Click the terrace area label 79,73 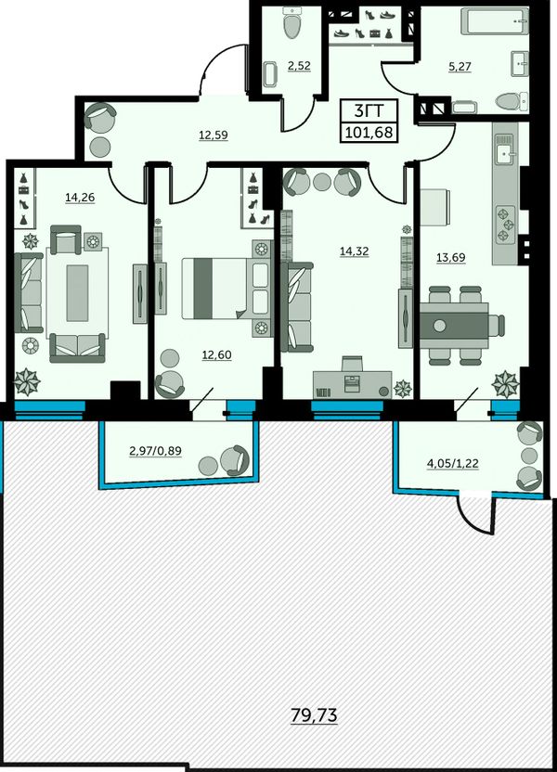(x=314, y=714)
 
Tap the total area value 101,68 (x=370, y=132)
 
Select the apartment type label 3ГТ (x=369, y=110)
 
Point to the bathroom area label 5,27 (x=460, y=67)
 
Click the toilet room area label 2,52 (x=299, y=66)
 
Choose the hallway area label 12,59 (x=214, y=135)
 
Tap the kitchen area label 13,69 (x=450, y=258)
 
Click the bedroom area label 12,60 (x=216, y=355)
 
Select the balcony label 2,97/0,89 (x=155, y=451)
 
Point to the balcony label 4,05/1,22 (x=453, y=463)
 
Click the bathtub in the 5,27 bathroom (x=494, y=22)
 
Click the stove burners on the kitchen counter (x=504, y=224)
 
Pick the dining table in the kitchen (x=454, y=326)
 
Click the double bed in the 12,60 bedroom (x=227, y=289)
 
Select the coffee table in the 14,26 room (x=77, y=292)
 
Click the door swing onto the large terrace (x=473, y=515)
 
